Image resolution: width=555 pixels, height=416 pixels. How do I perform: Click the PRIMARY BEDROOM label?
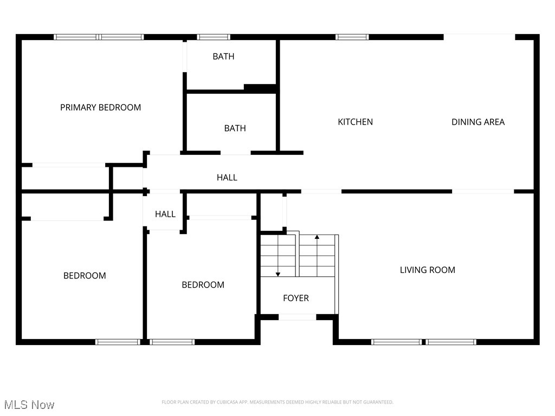click(100, 107)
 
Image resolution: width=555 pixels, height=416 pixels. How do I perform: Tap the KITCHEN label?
click(355, 122)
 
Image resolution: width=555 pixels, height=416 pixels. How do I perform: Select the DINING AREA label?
click(478, 122)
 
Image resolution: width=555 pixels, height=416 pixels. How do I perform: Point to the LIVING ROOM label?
click(427, 270)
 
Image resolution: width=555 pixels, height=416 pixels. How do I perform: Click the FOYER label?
click(296, 298)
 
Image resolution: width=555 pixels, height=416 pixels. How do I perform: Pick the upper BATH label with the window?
click(223, 56)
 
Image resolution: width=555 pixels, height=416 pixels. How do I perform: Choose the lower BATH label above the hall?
click(235, 128)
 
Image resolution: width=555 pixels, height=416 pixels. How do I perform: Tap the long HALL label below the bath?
click(227, 177)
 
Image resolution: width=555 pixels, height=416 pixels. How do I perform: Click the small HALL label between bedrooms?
click(165, 214)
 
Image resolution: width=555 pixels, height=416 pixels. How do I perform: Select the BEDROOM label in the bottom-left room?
click(85, 276)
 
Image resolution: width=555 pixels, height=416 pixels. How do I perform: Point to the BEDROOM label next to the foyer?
click(203, 285)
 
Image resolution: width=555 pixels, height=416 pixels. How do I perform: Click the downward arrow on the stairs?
click(278, 274)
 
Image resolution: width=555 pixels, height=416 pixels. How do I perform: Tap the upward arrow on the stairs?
click(317, 238)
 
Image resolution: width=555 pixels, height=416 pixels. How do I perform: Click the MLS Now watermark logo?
click(29, 405)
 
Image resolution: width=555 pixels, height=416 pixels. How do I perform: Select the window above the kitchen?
click(352, 37)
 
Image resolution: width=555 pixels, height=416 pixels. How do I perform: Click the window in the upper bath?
click(214, 37)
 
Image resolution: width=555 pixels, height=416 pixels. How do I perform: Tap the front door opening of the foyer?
click(297, 317)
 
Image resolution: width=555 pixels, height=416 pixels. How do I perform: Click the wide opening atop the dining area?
click(479, 37)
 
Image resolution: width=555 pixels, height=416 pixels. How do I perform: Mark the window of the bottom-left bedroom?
click(118, 342)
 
